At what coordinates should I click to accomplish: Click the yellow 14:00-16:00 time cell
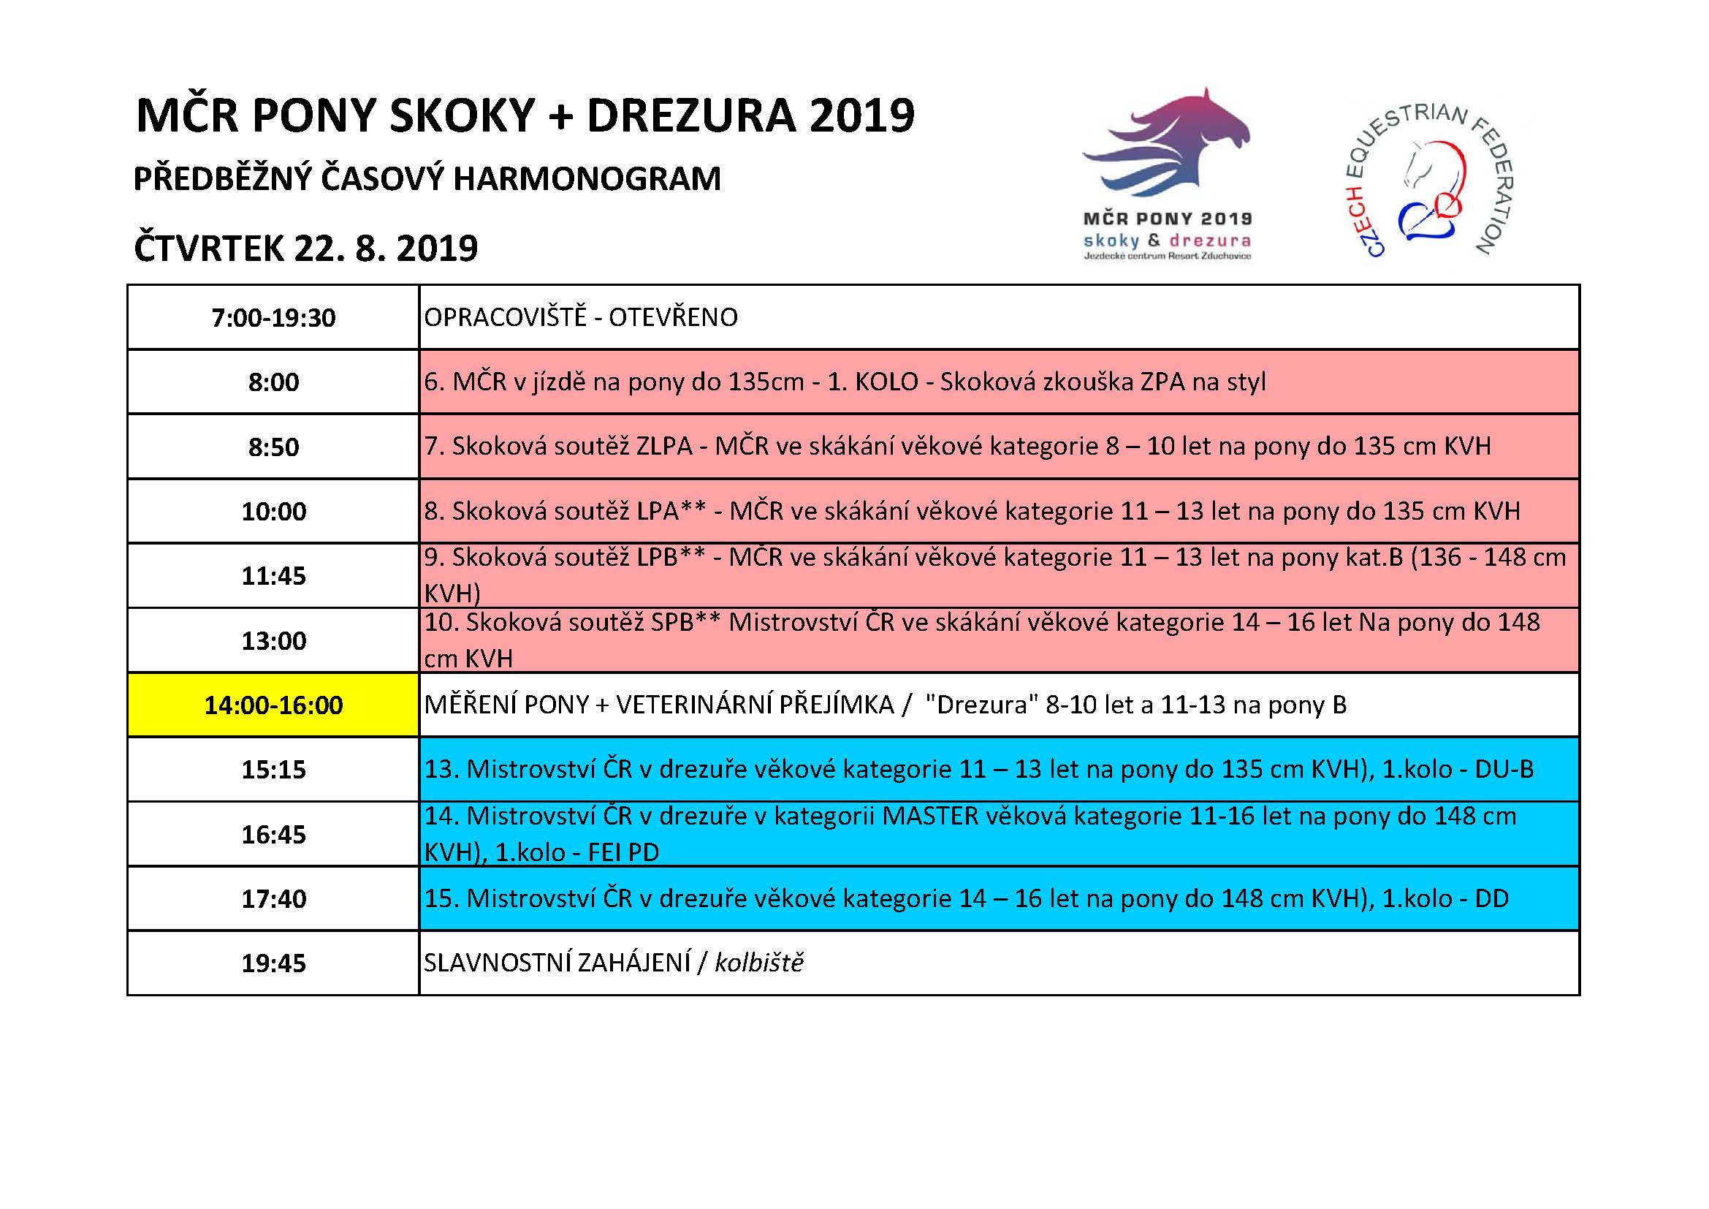pos(273,705)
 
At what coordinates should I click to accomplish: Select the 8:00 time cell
pos(273,382)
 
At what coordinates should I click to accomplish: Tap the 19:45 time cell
pos(273,963)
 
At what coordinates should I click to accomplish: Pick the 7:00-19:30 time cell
pos(273,318)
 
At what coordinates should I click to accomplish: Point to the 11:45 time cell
pos(273,575)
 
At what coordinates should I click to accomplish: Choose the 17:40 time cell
pos(273,898)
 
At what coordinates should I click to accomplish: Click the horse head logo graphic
pos(1166,145)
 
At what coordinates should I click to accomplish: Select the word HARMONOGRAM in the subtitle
pos(587,179)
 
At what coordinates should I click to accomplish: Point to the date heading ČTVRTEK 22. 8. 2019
pos(305,249)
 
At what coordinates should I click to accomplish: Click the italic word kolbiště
pos(758,963)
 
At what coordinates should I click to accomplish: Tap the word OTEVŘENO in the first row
pos(673,318)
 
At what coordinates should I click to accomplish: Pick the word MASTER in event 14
pos(929,816)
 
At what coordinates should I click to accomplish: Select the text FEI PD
pos(623,852)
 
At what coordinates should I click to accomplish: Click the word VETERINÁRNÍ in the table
pos(755,705)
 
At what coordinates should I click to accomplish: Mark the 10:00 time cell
pos(273,512)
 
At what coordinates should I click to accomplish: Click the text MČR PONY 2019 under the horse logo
pos(1166,219)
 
